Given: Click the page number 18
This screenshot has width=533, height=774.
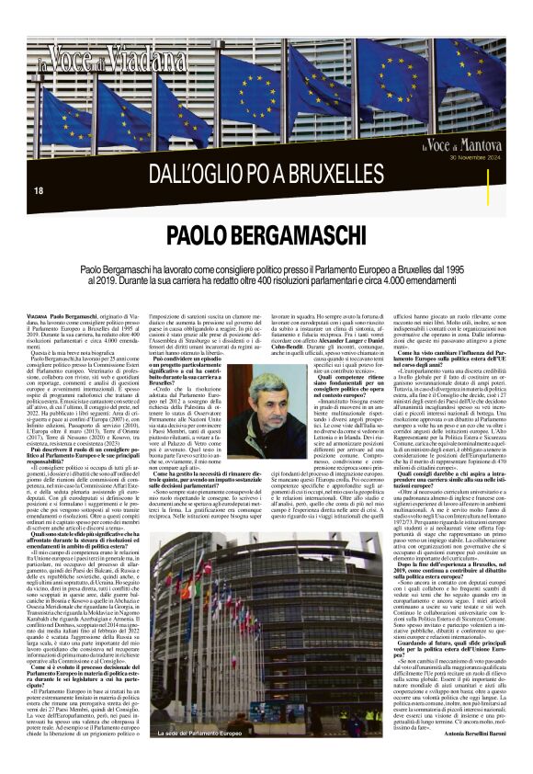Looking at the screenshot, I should (38, 190).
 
